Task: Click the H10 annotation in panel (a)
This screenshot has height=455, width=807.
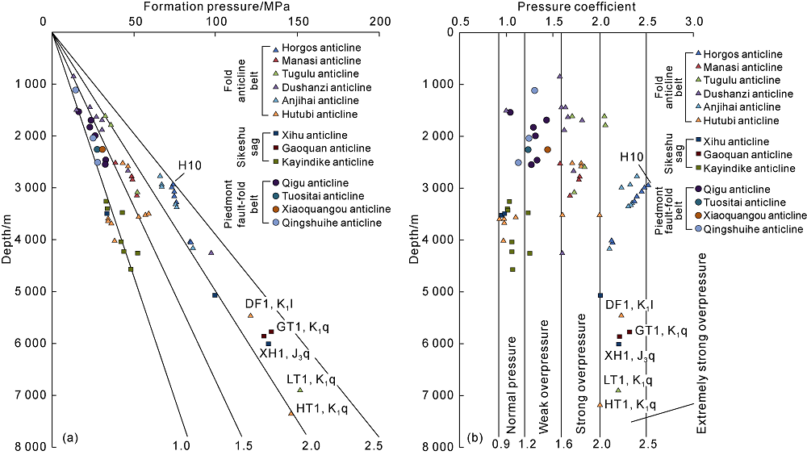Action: (190, 165)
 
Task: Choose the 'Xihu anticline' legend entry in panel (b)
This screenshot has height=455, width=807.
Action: (734, 141)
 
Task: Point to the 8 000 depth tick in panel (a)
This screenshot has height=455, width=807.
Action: (28, 446)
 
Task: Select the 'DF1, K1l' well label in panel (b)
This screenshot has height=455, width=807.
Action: (629, 304)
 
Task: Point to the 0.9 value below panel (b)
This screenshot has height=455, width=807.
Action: (498, 445)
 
